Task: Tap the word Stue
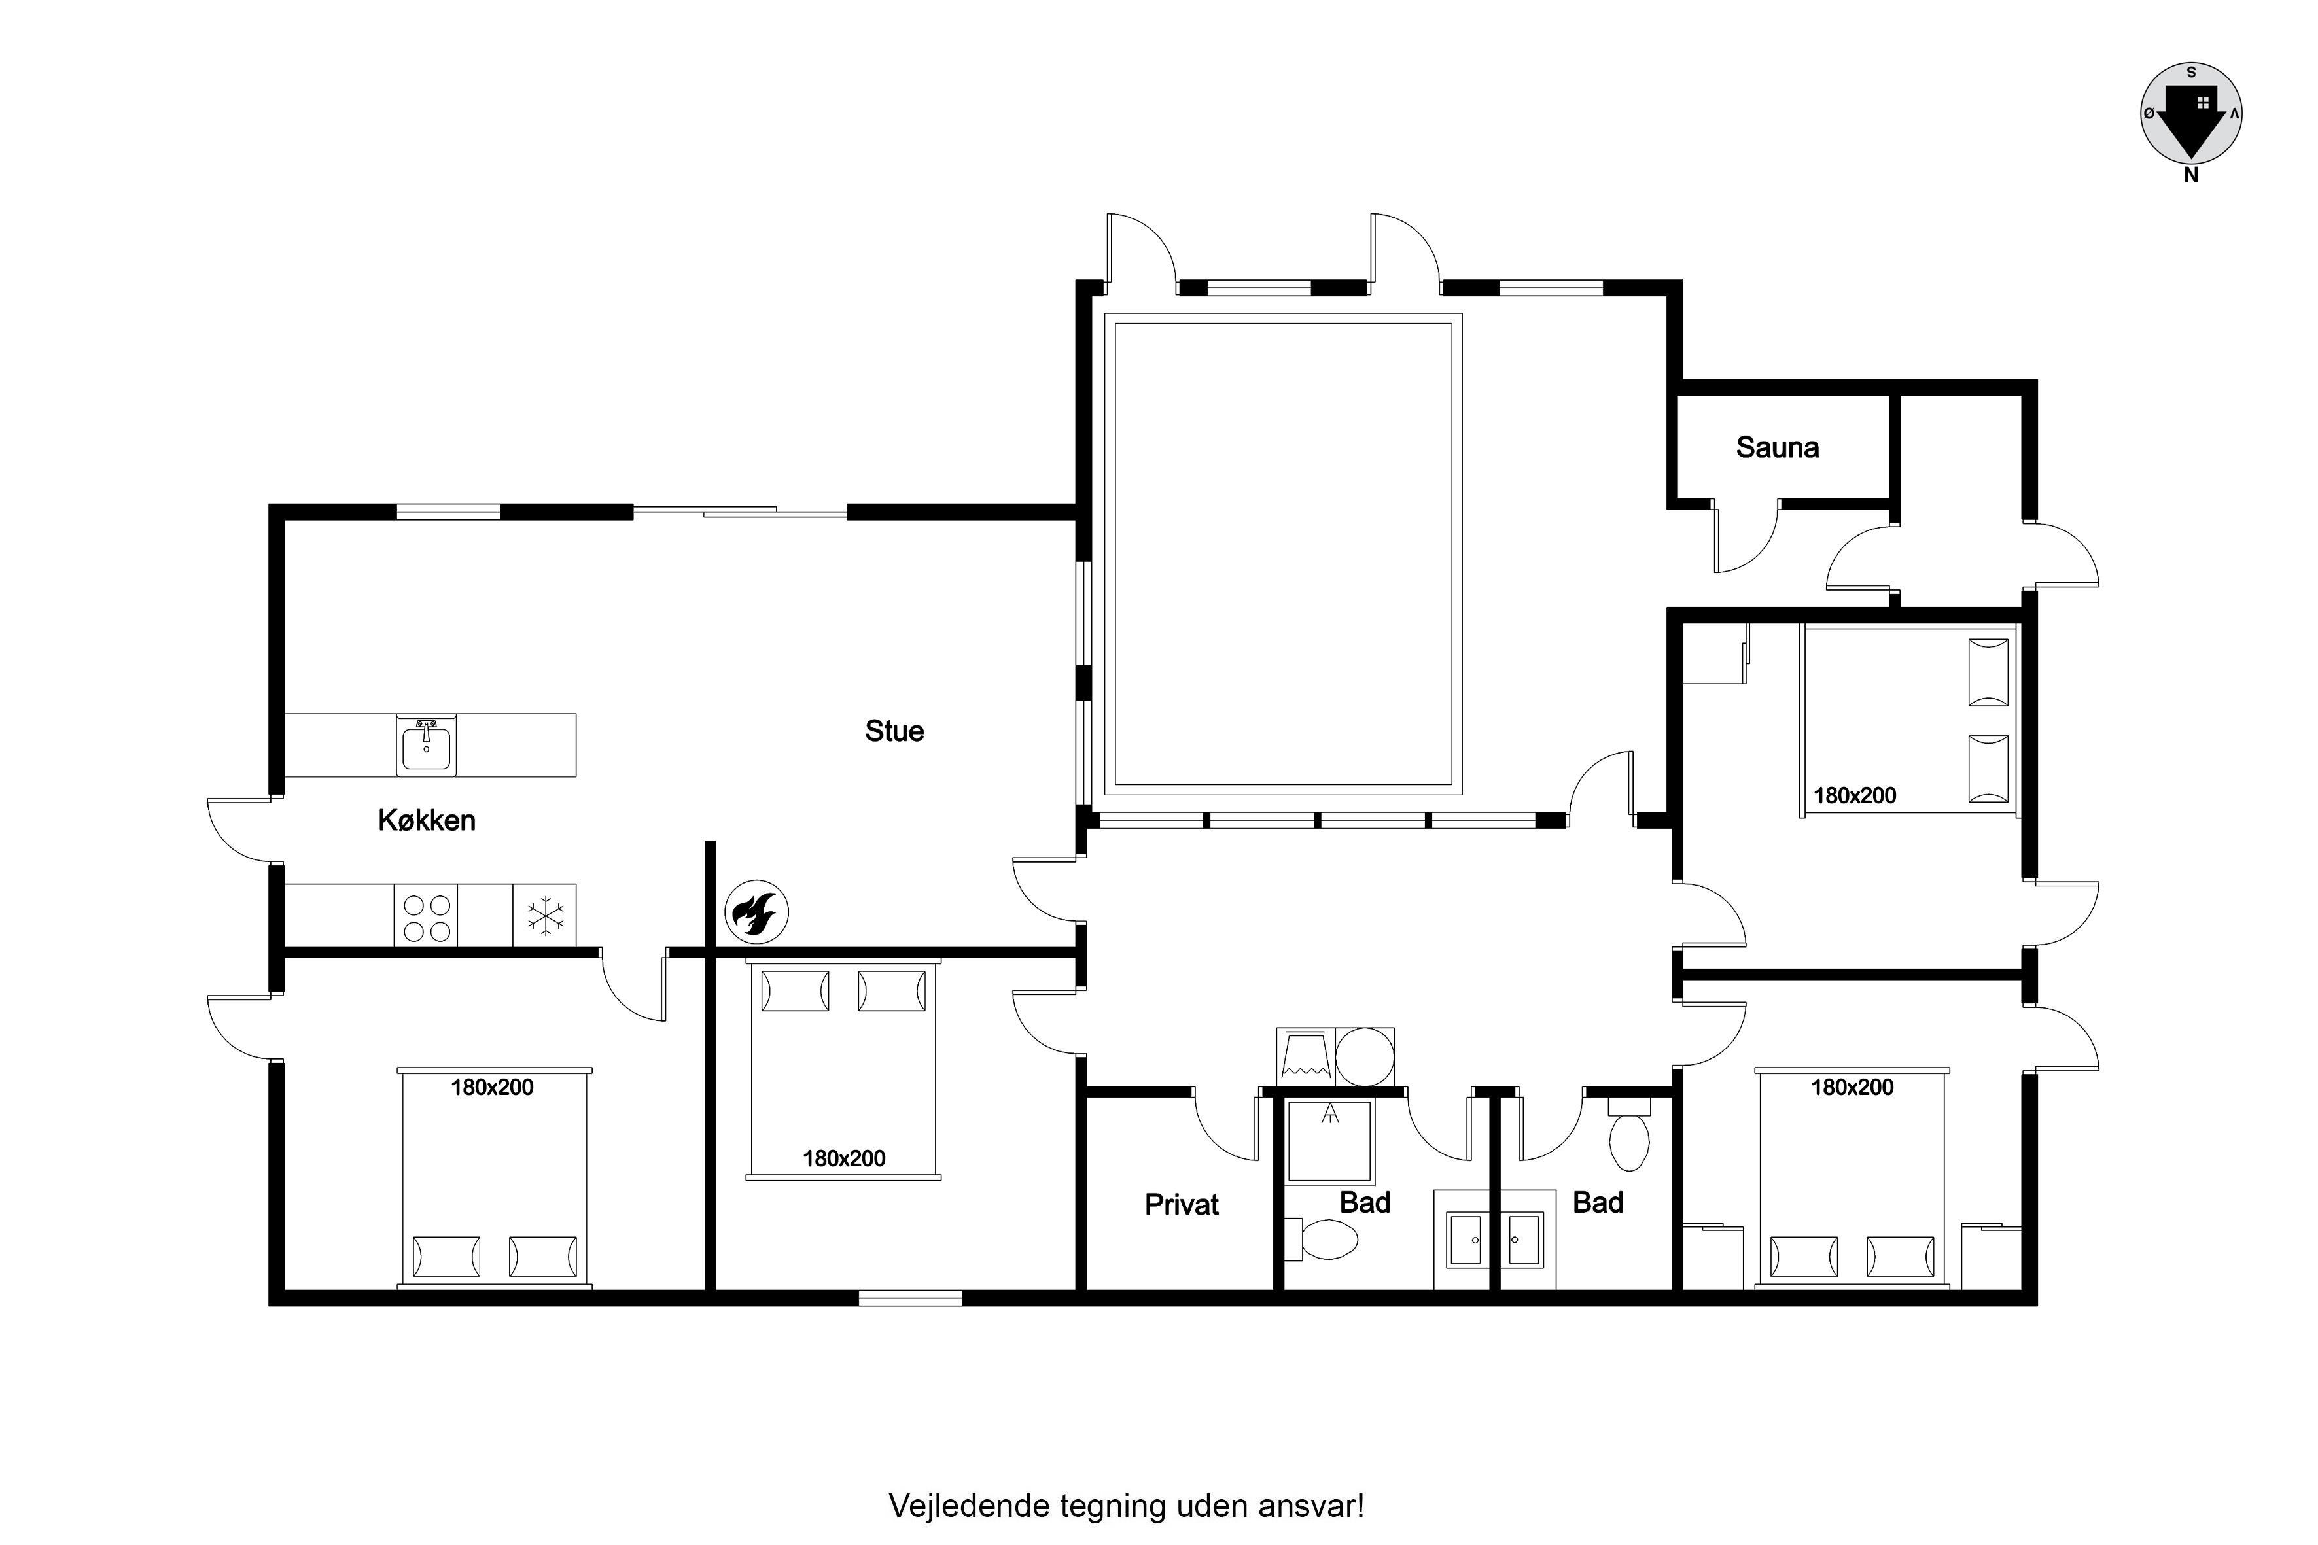[x=894, y=731]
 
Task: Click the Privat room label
[x=1182, y=1204]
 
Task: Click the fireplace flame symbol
[x=757, y=911]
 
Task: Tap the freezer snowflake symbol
[x=545, y=915]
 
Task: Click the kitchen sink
[x=427, y=745]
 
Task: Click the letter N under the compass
[x=2191, y=175]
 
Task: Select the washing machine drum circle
[x=1365, y=1057]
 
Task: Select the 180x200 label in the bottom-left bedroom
[x=492, y=1088]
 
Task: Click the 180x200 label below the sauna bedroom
[x=1855, y=796]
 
